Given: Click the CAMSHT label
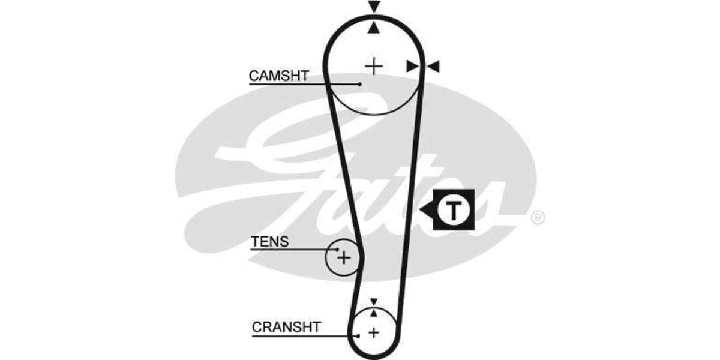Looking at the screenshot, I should point(278,76).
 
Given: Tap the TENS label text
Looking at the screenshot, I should point(269,242).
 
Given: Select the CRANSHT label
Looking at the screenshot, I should point(286,327).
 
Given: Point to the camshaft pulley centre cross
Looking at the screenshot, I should point(374,65).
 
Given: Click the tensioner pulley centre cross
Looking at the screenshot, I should point(343,258).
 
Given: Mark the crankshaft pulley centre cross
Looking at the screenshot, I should point(373,331).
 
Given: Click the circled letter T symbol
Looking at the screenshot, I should point(454,210).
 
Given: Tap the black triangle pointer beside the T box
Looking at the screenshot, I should point(427,211).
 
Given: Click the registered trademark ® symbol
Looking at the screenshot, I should point(538,218).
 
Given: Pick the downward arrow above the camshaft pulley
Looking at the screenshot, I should point(374,7).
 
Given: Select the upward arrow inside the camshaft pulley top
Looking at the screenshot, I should point(374,26).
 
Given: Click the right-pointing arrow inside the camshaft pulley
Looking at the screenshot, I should point(412,66).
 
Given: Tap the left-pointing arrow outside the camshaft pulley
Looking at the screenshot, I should point(434,66).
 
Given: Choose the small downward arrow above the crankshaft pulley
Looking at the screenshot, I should point(374,301).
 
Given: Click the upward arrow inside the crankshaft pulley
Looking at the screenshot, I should point(374,312).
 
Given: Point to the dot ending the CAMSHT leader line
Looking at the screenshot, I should point(359,84).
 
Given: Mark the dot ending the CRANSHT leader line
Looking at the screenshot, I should point(358,335).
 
